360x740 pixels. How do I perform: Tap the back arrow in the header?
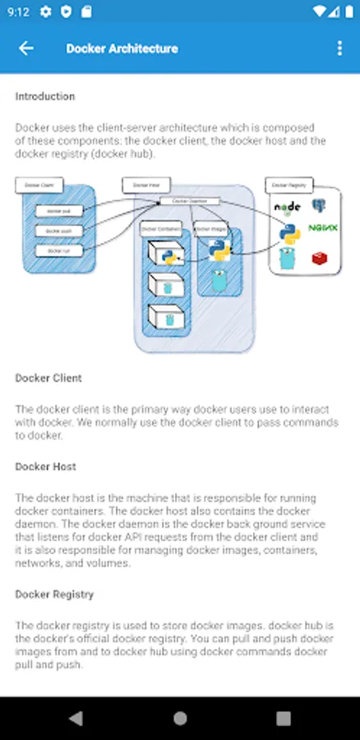click(26, 49)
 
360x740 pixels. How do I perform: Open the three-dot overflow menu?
click(339, 49)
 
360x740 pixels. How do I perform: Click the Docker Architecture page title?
click(122, 49)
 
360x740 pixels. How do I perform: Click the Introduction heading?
click(45, 96)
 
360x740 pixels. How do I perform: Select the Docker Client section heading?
click(48, 378)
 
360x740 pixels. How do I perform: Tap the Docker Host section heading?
click(45, 466)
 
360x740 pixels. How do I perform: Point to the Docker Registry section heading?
click(54, 594)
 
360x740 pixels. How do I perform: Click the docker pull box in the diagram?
click(59, 211)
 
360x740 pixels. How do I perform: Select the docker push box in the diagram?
click(59, 231)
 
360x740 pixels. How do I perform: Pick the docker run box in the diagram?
click(59, 250)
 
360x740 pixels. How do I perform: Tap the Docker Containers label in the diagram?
click(161, 228)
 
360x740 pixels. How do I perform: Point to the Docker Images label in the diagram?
click(210, 228)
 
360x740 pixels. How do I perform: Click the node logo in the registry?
click(287, 206)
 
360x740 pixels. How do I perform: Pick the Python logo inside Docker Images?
click(218, 251)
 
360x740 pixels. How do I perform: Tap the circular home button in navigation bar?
click(180, 718)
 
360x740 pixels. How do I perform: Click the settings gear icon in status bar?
click(46, 12)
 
